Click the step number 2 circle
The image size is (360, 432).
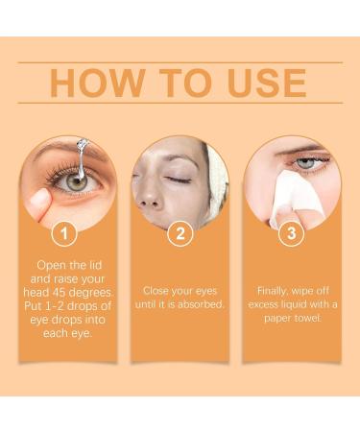(x=180, y=231)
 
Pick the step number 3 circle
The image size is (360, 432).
(x=292, y=231)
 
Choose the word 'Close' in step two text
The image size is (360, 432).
(x=158, y=289)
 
